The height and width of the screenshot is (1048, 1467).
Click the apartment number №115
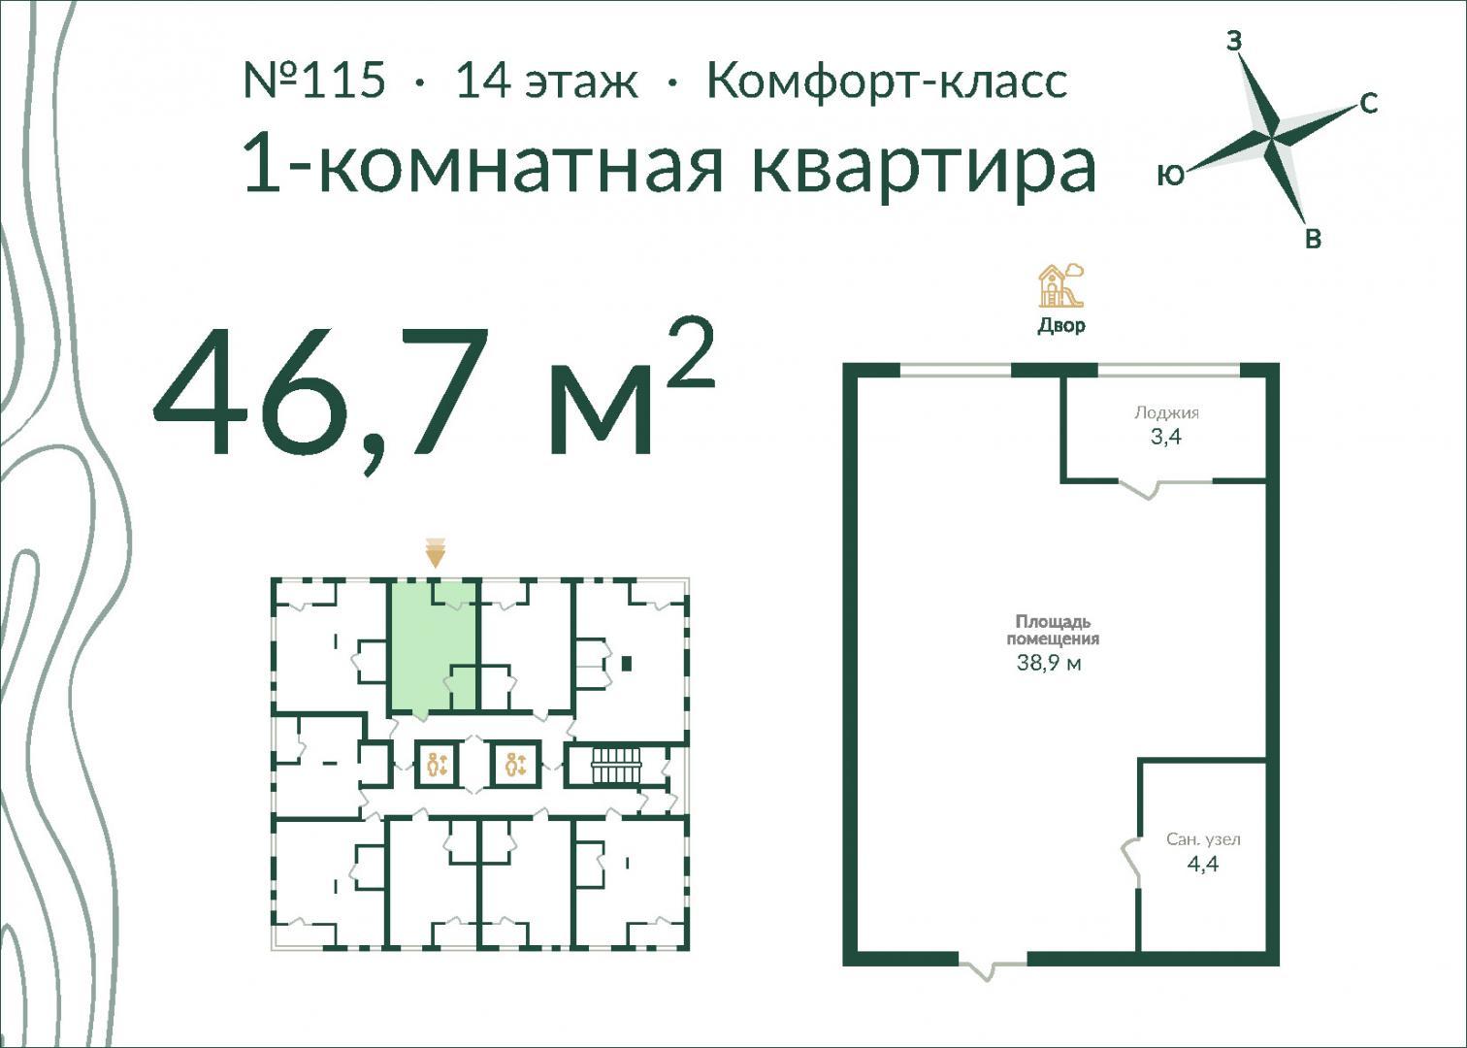314,80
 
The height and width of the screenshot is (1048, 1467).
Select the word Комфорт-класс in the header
888,82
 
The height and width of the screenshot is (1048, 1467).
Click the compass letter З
1234,42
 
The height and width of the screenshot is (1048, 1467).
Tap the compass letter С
1369,104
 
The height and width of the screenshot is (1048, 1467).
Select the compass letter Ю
1171,175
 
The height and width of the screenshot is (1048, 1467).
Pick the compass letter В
1313,239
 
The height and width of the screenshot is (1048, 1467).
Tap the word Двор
1061,325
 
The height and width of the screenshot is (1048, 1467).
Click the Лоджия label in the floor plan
1166,412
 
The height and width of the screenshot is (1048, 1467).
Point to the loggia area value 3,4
1166,437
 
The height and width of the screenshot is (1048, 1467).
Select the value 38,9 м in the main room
1049,664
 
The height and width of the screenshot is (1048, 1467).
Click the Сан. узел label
1203,839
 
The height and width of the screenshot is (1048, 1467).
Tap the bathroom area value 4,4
1203,864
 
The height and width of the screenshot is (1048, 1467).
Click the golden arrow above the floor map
436,554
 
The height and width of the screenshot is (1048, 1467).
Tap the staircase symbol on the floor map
615,766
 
